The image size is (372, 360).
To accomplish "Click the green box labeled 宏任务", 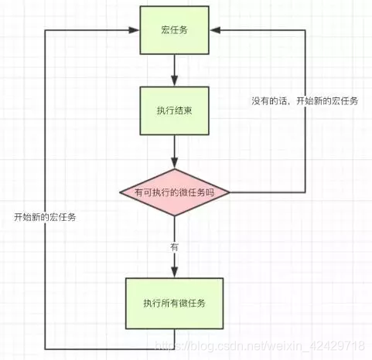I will (175, 31).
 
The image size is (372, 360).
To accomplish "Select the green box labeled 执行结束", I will (175, 110).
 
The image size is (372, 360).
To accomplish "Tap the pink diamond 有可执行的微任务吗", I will (175, 192).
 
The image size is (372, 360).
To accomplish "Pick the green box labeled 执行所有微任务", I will (175, 301).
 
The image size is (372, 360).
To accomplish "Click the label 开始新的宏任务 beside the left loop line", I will (45, 217).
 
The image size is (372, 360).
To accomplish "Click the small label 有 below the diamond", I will (175, 246).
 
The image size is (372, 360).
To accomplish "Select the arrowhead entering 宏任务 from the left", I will (135, 31).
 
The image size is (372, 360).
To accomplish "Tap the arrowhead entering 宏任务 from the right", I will (215, 31).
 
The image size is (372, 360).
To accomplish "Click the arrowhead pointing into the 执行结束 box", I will (175, 81).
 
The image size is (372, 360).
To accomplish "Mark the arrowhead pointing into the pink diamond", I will (175, 163).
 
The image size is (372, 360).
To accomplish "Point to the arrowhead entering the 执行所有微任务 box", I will (175, 272).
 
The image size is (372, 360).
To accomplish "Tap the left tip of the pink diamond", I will (119, 192).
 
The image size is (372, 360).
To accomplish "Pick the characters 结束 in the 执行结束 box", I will (185, 110).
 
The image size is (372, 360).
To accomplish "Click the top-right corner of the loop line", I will (305, 31).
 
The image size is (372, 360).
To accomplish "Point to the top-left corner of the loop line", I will (45, 31).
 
